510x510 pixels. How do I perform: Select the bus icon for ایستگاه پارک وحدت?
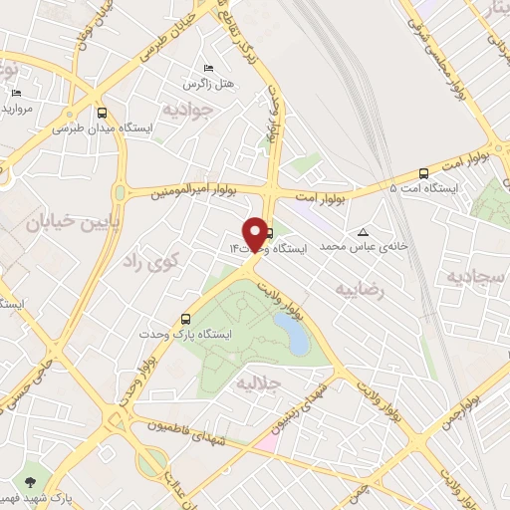click(x=186, y=319)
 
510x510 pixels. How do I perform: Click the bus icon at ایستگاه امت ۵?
click(x=424, y=171)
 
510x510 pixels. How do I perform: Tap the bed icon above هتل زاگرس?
click(x=207, y=67)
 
